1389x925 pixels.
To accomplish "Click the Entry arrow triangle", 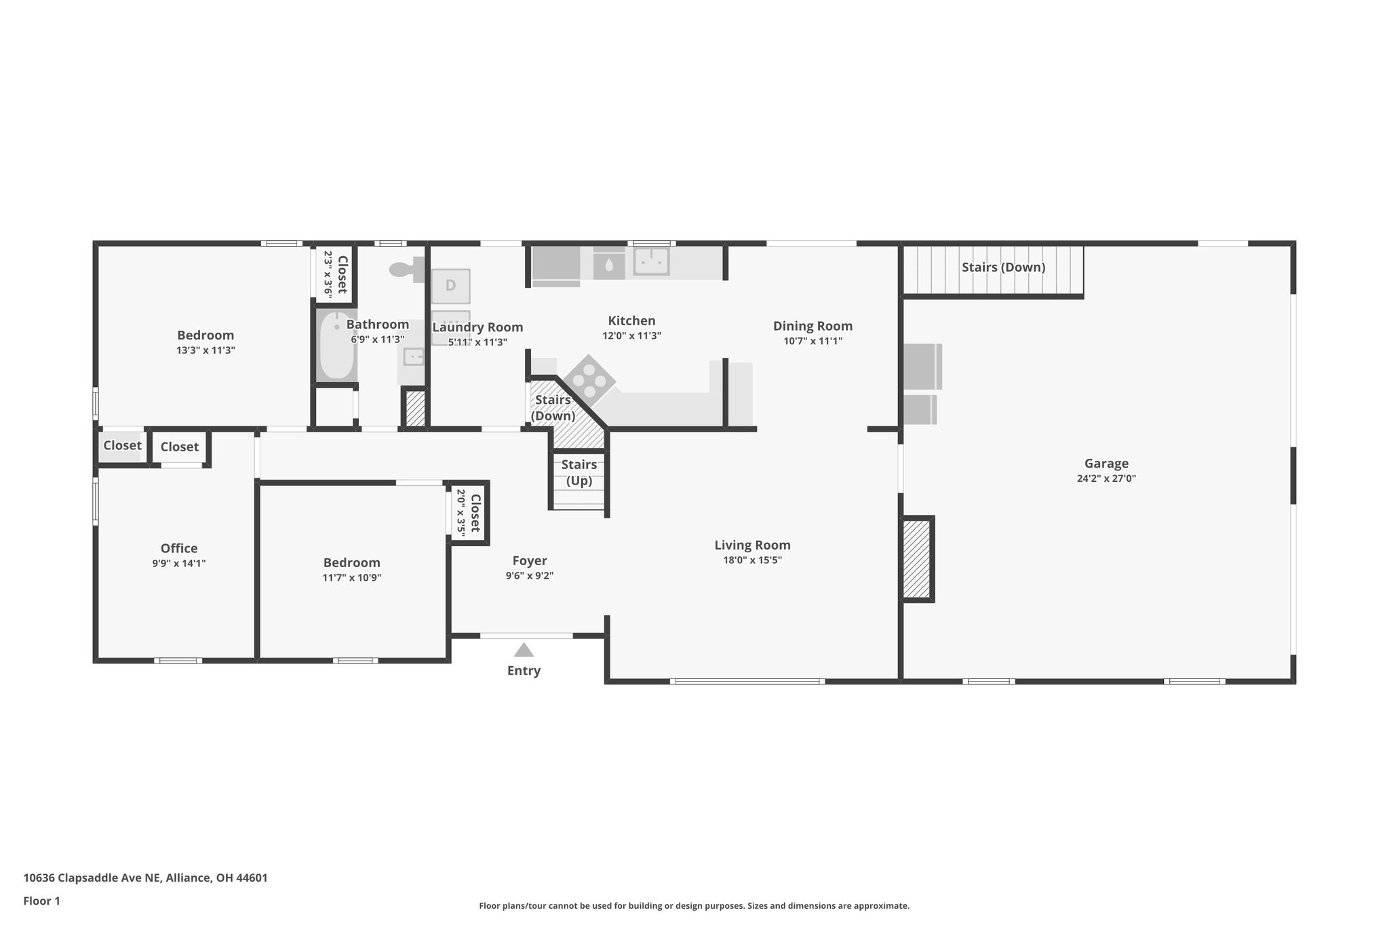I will click(x=523, y=651).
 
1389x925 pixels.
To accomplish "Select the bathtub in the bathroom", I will click(x=337, y=345).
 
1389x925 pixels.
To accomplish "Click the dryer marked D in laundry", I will click(x=450, y=285).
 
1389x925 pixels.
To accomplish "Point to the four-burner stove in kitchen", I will click(x=589, y=380).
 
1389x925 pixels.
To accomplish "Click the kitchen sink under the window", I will click(x=650, y=261).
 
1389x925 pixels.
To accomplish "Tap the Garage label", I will click(x=1106, y=464).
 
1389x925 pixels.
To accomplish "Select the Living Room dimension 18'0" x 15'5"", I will click(x=752, y=560).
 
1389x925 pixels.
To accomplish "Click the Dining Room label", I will click(x=813, y=326).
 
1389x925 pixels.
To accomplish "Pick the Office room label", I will click(x=179, y=548).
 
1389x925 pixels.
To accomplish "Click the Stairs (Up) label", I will click(x=579, y=472).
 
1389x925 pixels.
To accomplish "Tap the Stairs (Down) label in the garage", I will click(x=1003, y=267).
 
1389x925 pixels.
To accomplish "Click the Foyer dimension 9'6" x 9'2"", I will click(x=529, y=576).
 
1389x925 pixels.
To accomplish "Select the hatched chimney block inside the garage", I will click(x=916, y=559).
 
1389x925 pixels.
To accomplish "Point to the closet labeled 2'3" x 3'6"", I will click(x=335, y=274).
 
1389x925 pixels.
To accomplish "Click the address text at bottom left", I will click(x=145, y=878).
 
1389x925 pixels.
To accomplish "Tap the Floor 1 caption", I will click(x=41, y=901).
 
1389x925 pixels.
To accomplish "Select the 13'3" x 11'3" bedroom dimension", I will click(x=206, y=350).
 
